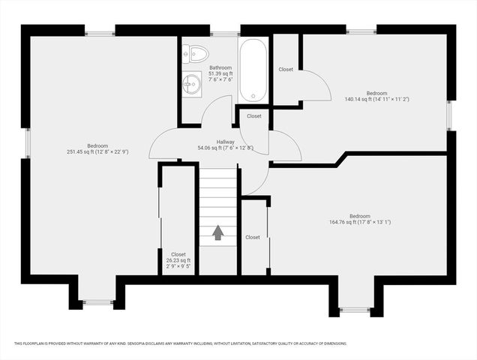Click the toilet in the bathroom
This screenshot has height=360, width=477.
196,52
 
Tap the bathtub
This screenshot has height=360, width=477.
253,70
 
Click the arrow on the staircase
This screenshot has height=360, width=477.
218,233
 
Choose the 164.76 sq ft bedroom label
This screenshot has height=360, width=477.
360,219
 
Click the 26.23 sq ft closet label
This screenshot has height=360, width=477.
178,259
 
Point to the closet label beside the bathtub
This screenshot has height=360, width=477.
286,70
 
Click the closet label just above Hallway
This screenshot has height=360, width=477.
254,116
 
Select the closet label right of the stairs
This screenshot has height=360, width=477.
253,237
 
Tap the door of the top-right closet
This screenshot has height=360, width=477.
316,85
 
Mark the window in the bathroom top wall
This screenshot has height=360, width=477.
224,33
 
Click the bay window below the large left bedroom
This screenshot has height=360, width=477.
97,302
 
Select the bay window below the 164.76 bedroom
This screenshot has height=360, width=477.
355,309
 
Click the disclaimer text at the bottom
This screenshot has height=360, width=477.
180,343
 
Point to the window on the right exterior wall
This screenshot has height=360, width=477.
451,115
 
